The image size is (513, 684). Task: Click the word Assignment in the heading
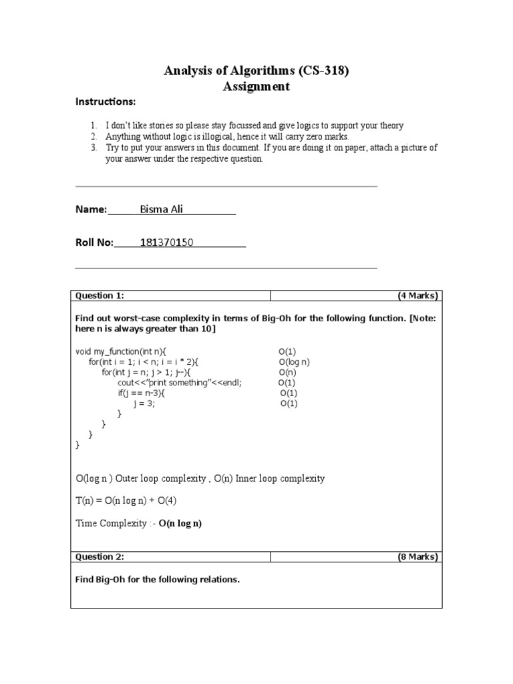[256, 86]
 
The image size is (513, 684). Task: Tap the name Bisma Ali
[161, 210]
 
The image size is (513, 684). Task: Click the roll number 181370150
[166, 242]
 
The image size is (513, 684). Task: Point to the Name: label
[91, 210]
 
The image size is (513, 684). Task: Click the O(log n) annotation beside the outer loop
[295, 361]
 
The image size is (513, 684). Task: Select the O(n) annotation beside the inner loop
[288, 372]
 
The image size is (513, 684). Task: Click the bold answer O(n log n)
[180, 524]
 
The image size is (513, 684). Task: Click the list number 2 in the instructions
[94, 137]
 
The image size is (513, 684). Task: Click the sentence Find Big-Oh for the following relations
[157, 580]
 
